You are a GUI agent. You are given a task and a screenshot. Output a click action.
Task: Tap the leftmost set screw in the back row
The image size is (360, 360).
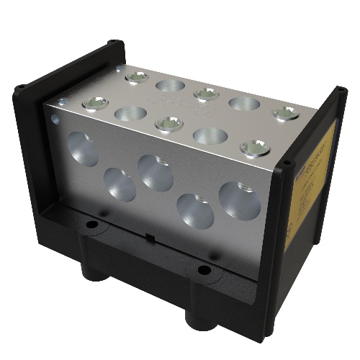(135, 76)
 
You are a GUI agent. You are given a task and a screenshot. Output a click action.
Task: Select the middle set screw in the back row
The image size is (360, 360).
(207, 94)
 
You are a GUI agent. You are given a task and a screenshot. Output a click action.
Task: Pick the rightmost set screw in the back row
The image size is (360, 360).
(286, 113)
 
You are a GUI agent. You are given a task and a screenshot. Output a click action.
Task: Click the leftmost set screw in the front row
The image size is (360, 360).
(94, 103)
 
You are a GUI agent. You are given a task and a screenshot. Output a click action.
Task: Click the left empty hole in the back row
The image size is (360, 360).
(170, 86)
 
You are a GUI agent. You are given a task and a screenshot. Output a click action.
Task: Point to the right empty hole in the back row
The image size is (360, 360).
(244, 104)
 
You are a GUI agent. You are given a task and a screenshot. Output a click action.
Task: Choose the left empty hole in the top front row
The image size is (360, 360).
(130, 113)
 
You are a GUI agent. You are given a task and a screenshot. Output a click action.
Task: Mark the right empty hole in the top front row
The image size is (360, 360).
(210, 135)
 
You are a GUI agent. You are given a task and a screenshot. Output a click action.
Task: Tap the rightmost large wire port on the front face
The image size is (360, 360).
(238, 200)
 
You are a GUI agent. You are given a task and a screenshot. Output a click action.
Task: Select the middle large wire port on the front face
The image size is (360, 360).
(155, 173)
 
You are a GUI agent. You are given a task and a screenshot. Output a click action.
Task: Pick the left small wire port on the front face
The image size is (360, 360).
(120, 185)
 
